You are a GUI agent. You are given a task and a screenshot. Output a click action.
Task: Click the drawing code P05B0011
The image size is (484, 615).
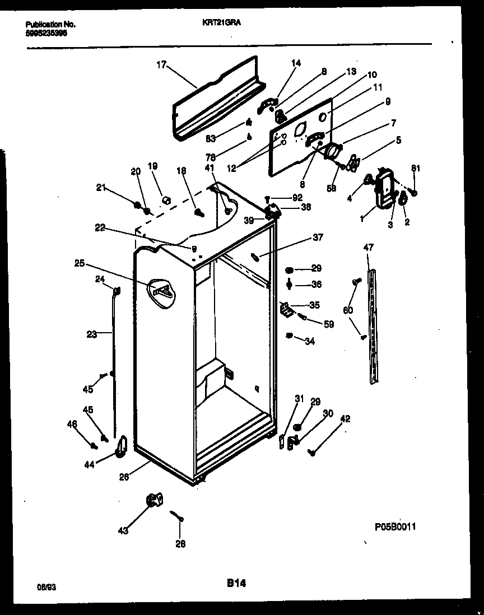pyautogui.click(x=395, y=527)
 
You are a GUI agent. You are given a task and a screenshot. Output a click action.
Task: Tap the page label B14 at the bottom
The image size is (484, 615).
pyautogui.click(x=236, y=583)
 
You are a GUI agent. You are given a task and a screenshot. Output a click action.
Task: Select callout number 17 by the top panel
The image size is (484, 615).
pyautogui.click(x=161, y=64)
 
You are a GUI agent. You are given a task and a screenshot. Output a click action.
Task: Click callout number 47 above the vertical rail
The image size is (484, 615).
pyautogui.click(x=368, y=247)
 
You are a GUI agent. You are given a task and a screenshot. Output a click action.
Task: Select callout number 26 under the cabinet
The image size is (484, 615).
pyautogui.click(x=124, y=477)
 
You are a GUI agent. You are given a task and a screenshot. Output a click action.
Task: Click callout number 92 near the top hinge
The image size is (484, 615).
pyautogui.click(x=297, y=197)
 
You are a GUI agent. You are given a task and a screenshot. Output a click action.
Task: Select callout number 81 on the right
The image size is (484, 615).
pyautogui.click(x=415, y=168)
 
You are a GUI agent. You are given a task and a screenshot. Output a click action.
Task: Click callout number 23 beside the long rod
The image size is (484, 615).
pyautogui.click(x=91, y=334)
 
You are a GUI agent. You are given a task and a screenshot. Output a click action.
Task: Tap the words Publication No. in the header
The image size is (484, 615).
pyautogui.click(x=50, y=25)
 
